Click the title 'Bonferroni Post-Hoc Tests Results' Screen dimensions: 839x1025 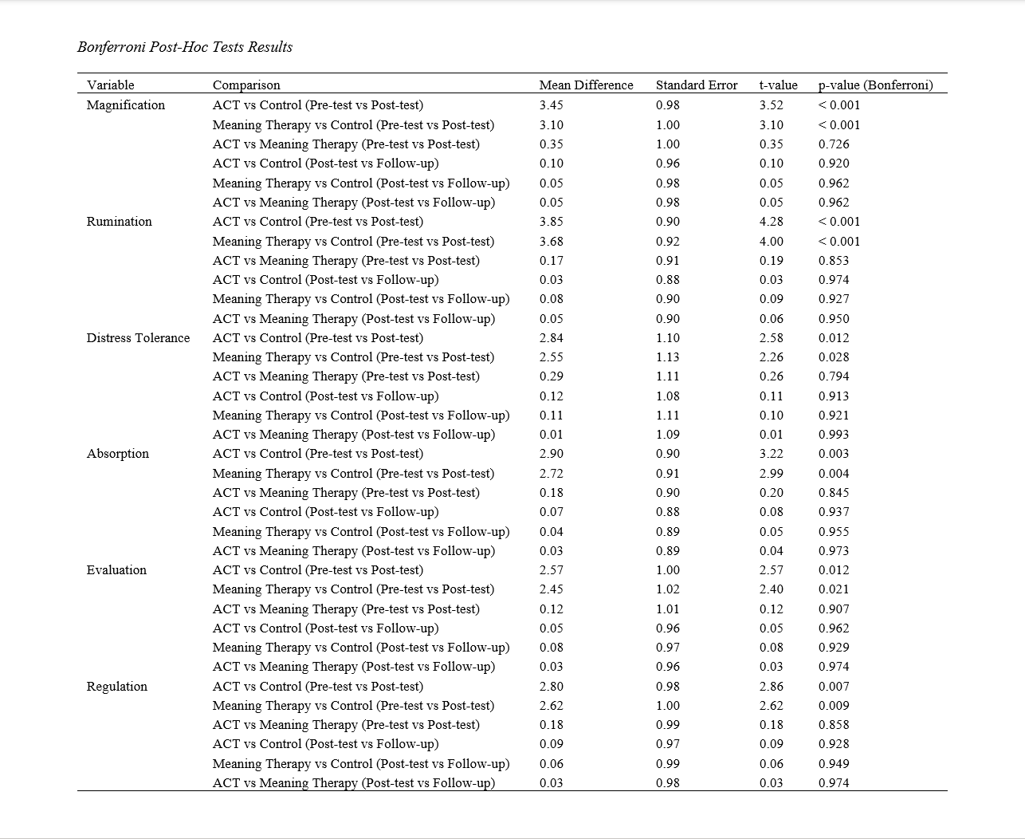pyautogui.click(x=185, y=47)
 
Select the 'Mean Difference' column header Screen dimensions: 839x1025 pyautogui.click(x=586, y=85)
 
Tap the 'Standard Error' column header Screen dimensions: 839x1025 pyautogui.click(x=697, y=85)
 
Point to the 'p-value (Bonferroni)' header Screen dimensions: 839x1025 pyautogui.click(x=875, y=85)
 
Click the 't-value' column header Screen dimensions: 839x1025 pyautogui.click(x=778, y=85)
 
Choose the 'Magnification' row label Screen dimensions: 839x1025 pyautogui.click(x=126, y=105)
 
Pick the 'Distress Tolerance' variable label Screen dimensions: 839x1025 pyautogui.click(x=138, y=338)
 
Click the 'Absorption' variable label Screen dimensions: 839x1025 pyautogui.click(x=118, y=454)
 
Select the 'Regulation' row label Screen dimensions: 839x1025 pyautogui.click(x=117, y=687)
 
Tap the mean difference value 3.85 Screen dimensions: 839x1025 pyautogui.click(x=552, y=222)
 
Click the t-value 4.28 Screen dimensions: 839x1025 pyautogui.click(x=772, y=222)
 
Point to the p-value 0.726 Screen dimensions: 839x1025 pyautogui.click(x=834, y=144)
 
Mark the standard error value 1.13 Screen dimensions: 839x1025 pyautogui.click(x=668, y=357)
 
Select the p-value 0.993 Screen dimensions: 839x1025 pyautogui.click(x=834, y=435)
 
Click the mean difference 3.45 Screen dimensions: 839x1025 pyautogui.click(x=552, y=105)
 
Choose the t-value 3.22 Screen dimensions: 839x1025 pyautogui.click(x=772, y=454)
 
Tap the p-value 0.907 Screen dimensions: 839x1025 pyautogui.click(x=834, y=609)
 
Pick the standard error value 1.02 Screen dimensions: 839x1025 pyautogui.click(x=668, y=589)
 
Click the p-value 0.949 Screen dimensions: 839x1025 pyautogui.click(x=834, y=764)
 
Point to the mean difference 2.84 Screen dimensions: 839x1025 pyautogui.click(x=552, y=338)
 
